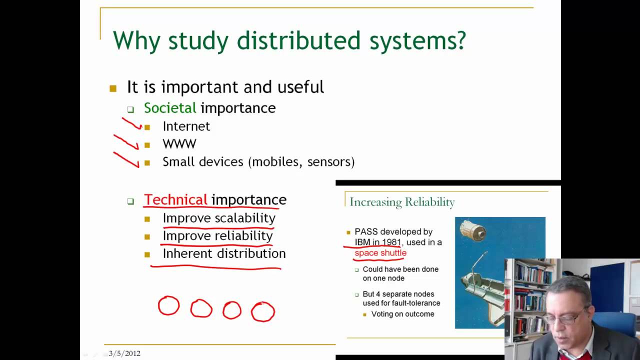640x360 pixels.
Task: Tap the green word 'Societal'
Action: coord(170,108)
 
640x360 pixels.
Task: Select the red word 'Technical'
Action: coord(175,200)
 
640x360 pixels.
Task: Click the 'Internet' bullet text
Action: coord(186,126)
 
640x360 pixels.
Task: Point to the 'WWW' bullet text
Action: coord(179,144)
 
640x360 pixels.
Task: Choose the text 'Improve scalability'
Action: coord(219,218)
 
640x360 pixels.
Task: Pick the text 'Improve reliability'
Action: coord(217,235)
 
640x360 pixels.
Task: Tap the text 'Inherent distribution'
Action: coord(224,253)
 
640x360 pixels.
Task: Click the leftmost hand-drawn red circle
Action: coord(168,305)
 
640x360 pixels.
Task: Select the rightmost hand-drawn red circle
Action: coord(262,311)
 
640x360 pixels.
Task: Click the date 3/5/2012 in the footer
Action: coord(124,353)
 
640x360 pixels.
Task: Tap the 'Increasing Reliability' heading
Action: coord(402,202)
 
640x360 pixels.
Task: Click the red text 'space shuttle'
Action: coord(380,253)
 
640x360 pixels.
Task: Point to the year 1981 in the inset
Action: coord(391,242)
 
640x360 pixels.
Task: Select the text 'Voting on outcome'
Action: coord(402,314)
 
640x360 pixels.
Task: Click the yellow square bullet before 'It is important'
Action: coord(113,88)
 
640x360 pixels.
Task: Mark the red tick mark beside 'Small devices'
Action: coord(126,159)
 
